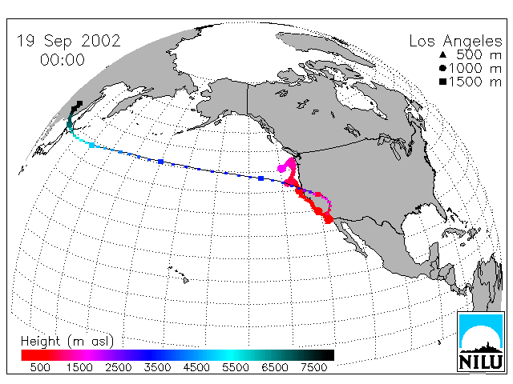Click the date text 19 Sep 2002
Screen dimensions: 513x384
(68, 41)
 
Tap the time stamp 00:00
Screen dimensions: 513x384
(63, 60)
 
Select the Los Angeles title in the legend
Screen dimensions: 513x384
(455, 42)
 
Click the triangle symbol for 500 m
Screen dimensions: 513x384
(443, 54)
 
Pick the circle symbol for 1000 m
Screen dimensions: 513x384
(443, 68)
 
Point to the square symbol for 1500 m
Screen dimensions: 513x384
(443, 82)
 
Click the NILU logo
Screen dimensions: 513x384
(480, 342)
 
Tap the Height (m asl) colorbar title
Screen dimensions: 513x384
(67, 342)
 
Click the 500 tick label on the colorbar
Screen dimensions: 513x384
(40, 367)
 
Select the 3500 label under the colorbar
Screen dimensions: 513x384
(157, 367)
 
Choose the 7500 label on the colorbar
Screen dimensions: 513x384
(313, 367)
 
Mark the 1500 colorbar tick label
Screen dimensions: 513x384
(79, 367)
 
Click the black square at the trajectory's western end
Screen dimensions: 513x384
(79, 104)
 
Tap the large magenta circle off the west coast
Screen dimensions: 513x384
(281, 169)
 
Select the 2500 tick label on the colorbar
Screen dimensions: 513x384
(119, 367)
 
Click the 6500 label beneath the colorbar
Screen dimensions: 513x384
(275, 367)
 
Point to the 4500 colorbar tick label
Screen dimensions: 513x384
(196, 367)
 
